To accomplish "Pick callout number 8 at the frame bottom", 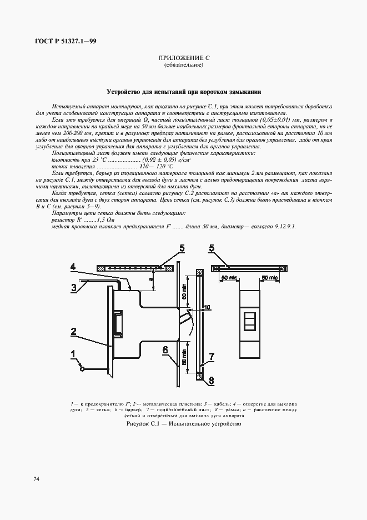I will [210, 381].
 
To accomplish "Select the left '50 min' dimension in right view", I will [229, 277].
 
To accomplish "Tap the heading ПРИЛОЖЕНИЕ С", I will [184, 58].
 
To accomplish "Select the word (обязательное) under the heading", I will [184, 65].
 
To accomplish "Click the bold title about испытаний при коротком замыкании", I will [184, 92].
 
